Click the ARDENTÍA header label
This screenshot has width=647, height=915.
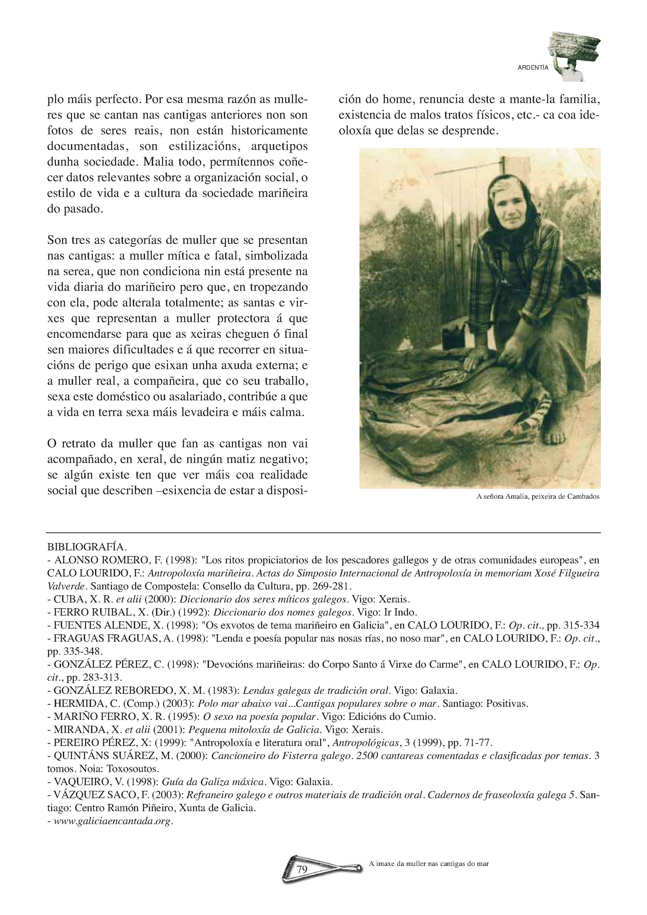pyautogui.click(x=532, y=68)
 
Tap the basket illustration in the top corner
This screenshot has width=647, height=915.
pyautogui.click(x=574, y=46)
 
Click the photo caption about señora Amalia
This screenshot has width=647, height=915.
pyautogui.click(x=538, y=497)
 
